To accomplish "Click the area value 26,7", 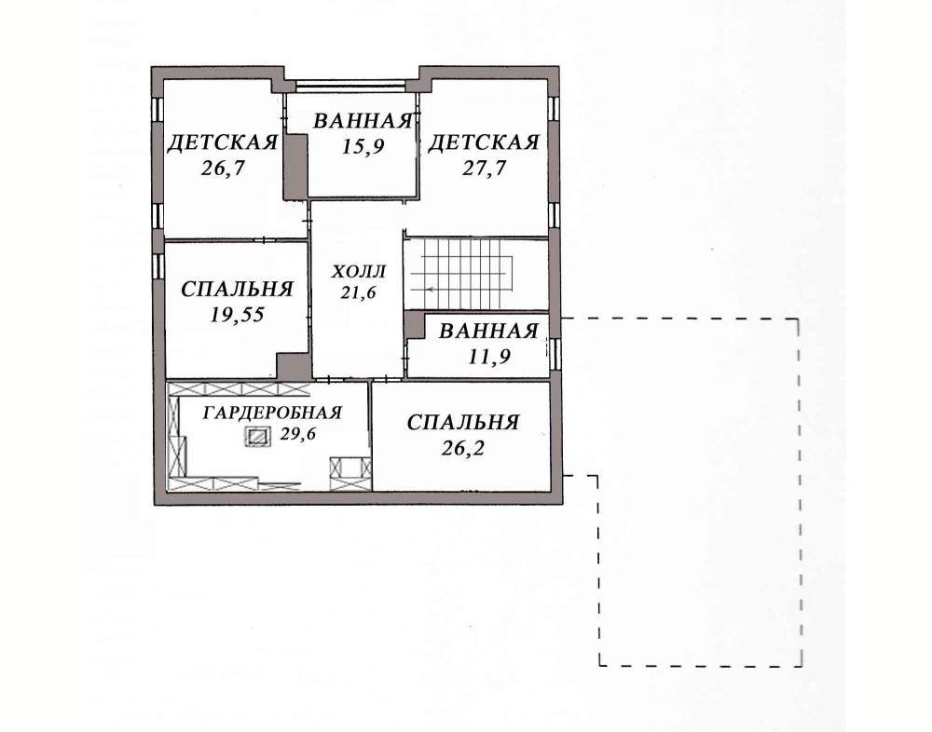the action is click(223, 169).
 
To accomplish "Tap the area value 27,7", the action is click(484, 169).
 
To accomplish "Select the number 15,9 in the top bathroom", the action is click(363, 146).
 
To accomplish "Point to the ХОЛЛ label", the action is click(358, 272).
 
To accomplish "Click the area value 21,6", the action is click(358, 292).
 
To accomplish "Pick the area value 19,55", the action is click(237, 315).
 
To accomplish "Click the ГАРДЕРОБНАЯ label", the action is click(272, 413).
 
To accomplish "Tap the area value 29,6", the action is click(298, 434).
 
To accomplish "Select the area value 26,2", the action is click(463, 448).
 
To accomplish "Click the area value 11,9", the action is click(489, 357).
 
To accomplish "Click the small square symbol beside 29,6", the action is click(257, 437).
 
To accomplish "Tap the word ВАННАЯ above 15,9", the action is click(363, 121).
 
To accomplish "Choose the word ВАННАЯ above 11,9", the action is click(488, 331).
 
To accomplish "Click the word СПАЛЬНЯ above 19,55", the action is click(237, 290).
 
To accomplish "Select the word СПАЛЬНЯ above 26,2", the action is click(463, 423).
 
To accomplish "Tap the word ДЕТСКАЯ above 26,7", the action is click(223, 143).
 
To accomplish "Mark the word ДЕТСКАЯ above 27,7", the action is click(484, 143).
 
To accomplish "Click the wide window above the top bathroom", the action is click(351, 87).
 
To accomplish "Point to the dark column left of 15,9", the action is click(295, 167).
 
